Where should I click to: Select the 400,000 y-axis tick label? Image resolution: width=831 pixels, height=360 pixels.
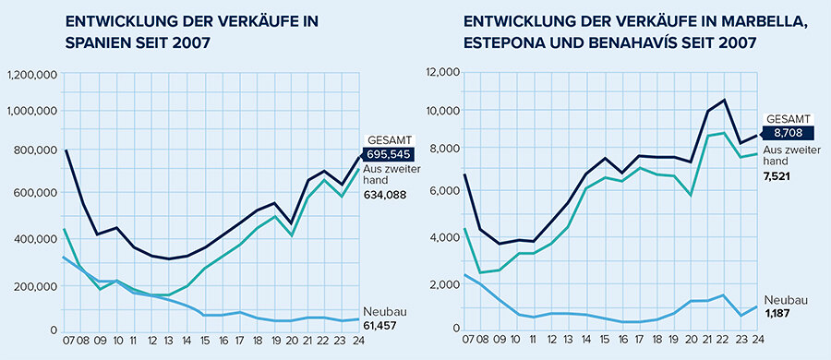[36, 239]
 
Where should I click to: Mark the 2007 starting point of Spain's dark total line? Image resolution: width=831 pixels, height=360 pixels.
[66, 150]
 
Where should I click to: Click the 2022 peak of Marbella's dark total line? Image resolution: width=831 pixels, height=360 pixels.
[725, 100]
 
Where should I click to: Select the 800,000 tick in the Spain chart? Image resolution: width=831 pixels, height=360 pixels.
[36, 151]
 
